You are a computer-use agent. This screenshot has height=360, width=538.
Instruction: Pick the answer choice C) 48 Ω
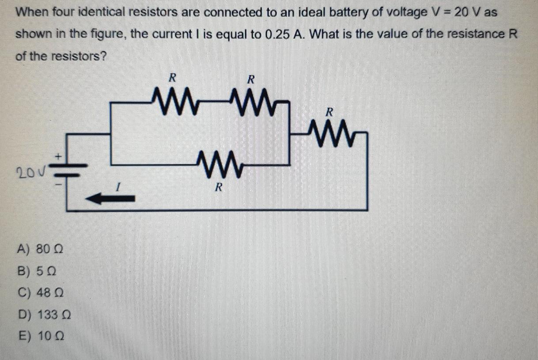(40, 292)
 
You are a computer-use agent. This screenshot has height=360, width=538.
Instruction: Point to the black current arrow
(110, 199)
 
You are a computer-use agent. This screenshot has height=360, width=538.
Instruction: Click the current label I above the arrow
(117, 188)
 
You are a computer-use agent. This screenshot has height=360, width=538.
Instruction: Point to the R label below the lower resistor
(217, 187)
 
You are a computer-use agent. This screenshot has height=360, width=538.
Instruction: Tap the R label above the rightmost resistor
(329, 112)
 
